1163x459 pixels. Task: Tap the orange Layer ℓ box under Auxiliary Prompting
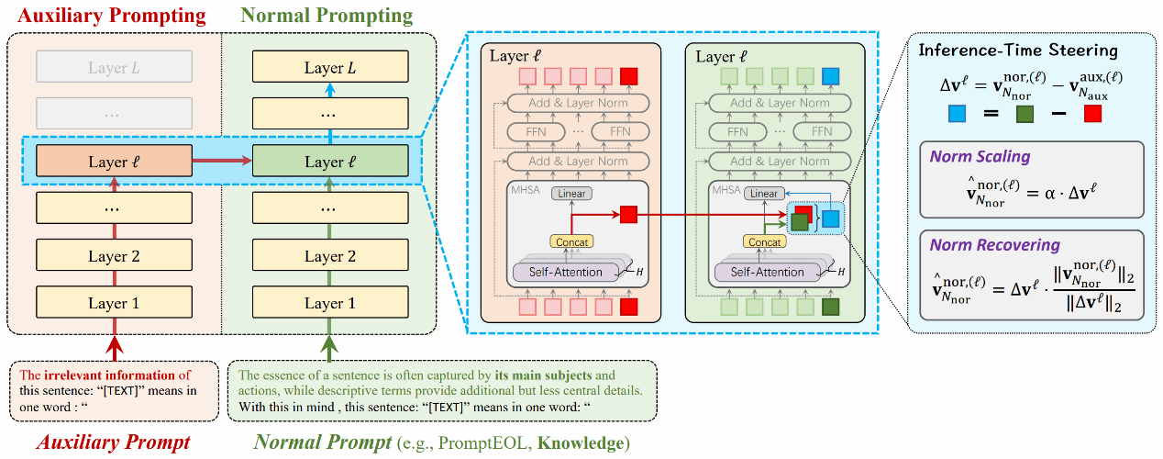[x=114, y=162]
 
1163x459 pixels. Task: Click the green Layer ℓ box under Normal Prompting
[x=329, y=162]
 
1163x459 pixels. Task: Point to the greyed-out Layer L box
[x=114, y=68]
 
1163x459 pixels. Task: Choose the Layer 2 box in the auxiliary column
[x=114, y=256]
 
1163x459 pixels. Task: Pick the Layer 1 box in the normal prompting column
[x=329, y=303]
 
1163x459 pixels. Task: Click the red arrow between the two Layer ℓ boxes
[x=221, y=162]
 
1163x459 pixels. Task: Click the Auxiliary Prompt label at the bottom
[x=114, y=442]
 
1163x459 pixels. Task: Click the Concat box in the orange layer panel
[x=570, y=241]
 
